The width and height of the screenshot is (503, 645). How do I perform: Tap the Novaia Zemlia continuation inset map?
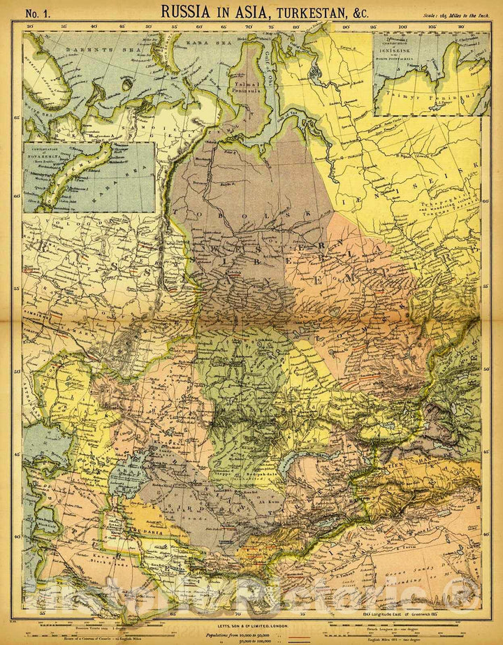pos(89,177)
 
